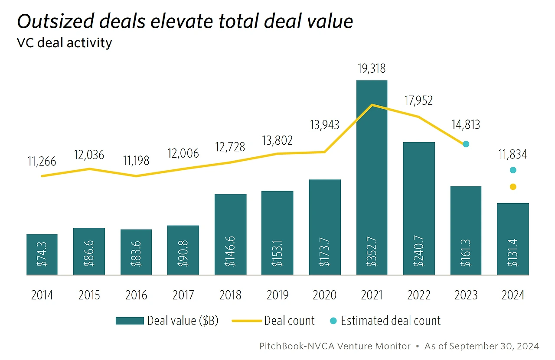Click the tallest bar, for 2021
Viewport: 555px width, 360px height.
pyautogui.click(x=372, y=178)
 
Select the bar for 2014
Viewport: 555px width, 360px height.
pyautogui.click(x=42, y=254)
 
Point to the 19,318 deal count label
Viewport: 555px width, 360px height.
pyautogui.click(x=371, y=68)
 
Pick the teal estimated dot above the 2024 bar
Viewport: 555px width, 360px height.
pyautogui.click(x=513, y=170)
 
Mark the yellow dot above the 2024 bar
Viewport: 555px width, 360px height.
pyautogui.click(x=513, y=187)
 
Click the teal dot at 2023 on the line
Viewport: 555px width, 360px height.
pyautogui.click(x=466, y=144)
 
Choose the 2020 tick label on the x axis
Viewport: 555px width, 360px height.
pyautogui.click(x=324, y=295)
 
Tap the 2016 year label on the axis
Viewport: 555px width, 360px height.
pyautogui.click(x=136, y=295)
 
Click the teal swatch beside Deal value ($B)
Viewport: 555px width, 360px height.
pyautogui.click(x=129, y=321)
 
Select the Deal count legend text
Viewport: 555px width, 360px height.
pyautogui.click(x=289, y=321)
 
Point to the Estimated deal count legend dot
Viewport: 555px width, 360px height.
pyautogui.click(x=333, y=321)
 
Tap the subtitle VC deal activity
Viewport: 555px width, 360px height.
pyautogui.click(x=64, y=43)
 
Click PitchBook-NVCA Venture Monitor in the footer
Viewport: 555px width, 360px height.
pyautogui.click(x=335, y=346)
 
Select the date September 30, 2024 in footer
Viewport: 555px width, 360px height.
pyautogui.click(x=494, y=346)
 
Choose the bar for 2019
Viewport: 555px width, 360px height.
pyautogui.click(x=277, y=233)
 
